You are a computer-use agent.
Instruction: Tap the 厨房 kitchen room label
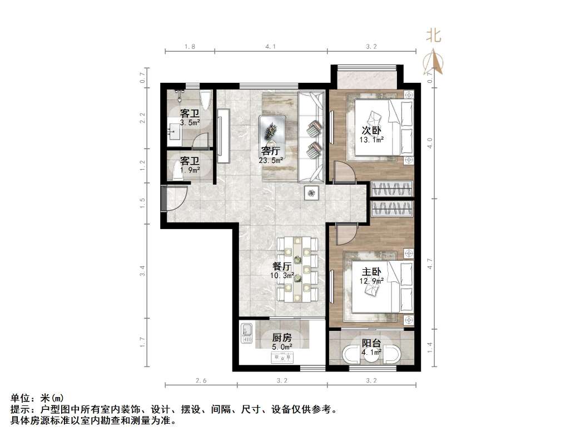point(281,338)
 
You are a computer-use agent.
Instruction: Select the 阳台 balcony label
point(371,343)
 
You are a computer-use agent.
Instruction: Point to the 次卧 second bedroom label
point(372,131)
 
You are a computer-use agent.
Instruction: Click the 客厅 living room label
point(271,151)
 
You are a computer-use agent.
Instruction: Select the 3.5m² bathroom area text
point(190,123)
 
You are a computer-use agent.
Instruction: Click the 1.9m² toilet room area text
point(190,170)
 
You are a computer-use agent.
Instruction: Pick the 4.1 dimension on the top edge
point(271,47)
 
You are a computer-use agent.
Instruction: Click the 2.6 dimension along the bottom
point(201,381)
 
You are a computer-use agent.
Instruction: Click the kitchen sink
point(246,333)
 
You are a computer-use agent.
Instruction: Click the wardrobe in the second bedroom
point(393,189)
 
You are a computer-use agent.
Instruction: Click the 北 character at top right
point(434,36)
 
